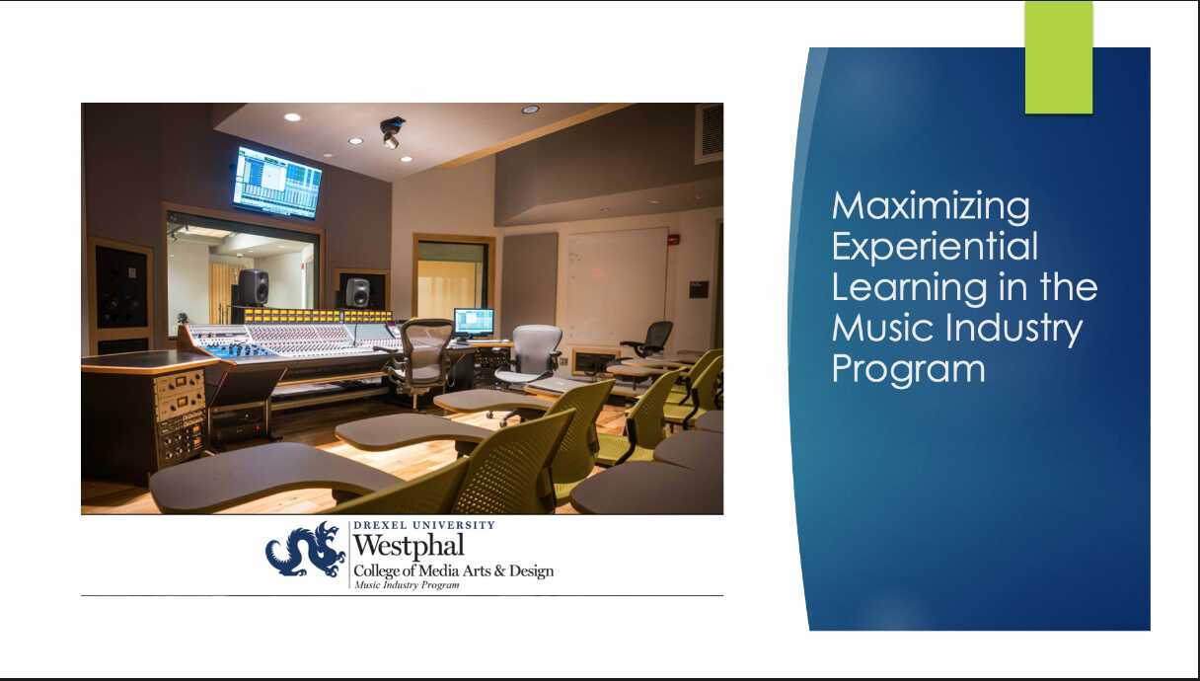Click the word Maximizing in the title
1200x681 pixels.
pyautogui.click(x=931, y=206)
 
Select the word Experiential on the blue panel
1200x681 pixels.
pyautogui.click(x=935, y=247)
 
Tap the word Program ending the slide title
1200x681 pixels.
pyautogui.click(x=908, y=368)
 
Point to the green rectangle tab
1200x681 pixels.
pyautogui.click(x=1058, y=57)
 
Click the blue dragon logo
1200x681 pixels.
pyautogui.click(x=305, y=551)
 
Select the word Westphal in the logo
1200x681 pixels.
pyautogui.click(x=408, y=545)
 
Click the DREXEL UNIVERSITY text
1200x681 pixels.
pyautogui.click(x=423, y=526)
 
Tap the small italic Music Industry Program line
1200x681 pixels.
pyautogui.click(x=406, y=585)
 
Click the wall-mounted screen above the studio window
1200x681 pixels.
pyautogui.click(x=277, y=182)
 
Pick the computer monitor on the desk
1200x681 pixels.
pyautogui.click(x=474, y=322)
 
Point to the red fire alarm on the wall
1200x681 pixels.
pyautogui.click(x=673, y=239)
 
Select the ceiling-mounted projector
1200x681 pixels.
pyautogui.click(x=393, y=131)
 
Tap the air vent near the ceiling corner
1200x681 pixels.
pyautogui.click(x=709, y=131)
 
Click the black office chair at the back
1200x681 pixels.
pyautogui.click(x=650, y=339)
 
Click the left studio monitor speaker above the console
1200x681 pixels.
pyautogui.click(x=253, y=287)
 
